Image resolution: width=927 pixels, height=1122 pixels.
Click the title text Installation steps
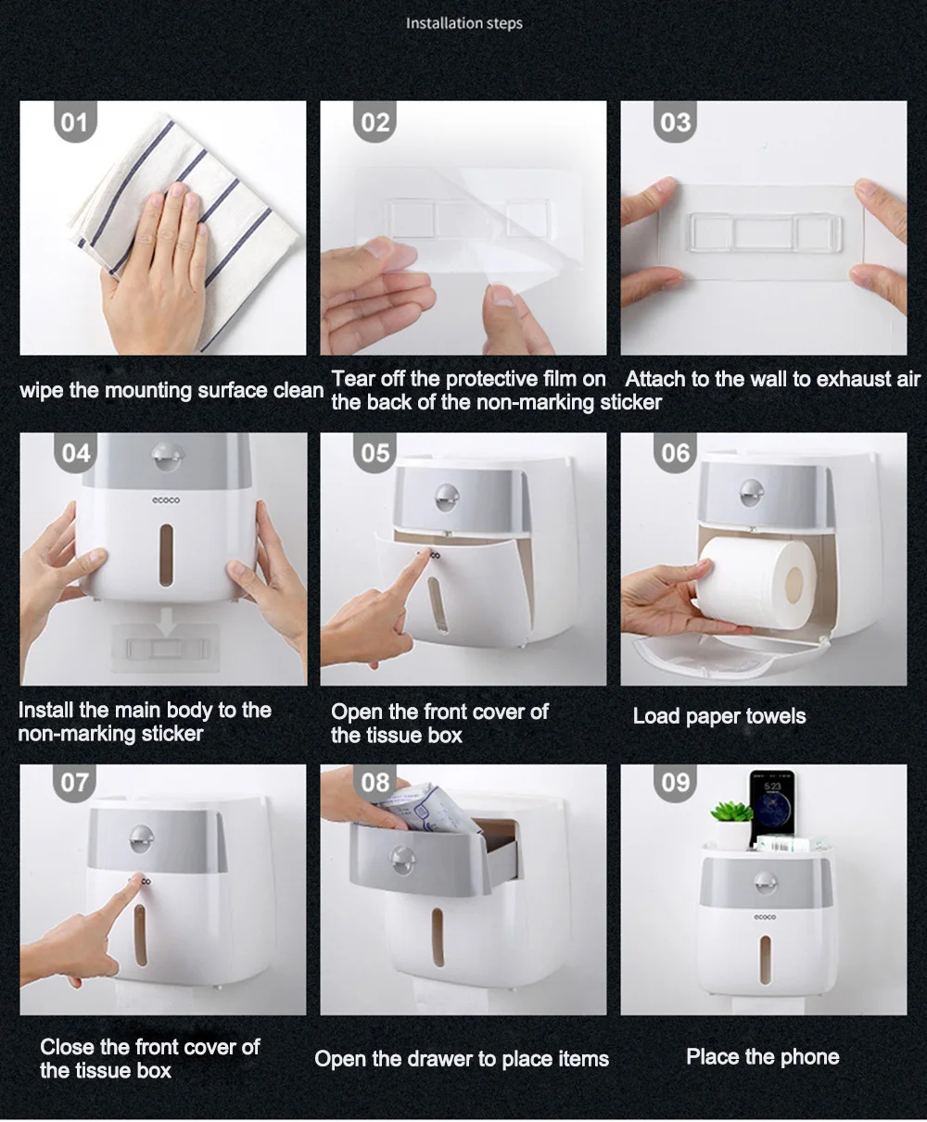point(464,24)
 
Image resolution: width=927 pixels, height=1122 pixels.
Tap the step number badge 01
point(75,122)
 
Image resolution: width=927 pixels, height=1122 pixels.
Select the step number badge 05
point(375,453)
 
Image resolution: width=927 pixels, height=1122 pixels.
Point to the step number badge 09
point(676,783)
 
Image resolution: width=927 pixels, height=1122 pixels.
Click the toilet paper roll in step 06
point(757,584)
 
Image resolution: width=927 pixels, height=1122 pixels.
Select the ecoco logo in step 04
point(166,500)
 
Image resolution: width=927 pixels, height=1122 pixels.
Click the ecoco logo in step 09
point(765,917)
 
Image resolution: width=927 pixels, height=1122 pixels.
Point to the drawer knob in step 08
point(402,859)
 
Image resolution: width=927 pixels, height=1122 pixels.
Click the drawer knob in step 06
point(752,493)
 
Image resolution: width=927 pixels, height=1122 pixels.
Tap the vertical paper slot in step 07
point(140,936)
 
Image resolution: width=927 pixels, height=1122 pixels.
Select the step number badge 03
point(676,122)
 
